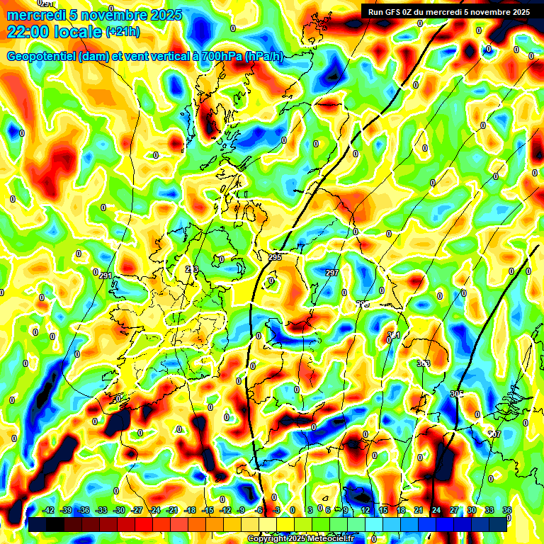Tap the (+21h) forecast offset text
coord(123,31)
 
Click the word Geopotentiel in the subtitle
coord(42,57)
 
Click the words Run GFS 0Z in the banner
coord(394,11)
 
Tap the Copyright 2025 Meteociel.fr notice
coord(300,539)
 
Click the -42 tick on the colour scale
coord(49,511)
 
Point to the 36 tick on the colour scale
coord(506,511)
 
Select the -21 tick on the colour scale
coord(172,511)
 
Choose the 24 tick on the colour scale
coord(436,511)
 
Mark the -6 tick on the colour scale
coord(259,511)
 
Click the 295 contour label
coord(275,257)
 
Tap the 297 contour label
coord(332,273)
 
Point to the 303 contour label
coord(424,363)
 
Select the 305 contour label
coord(457,394)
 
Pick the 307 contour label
coord(494,433)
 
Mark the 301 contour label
coord(394,335)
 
